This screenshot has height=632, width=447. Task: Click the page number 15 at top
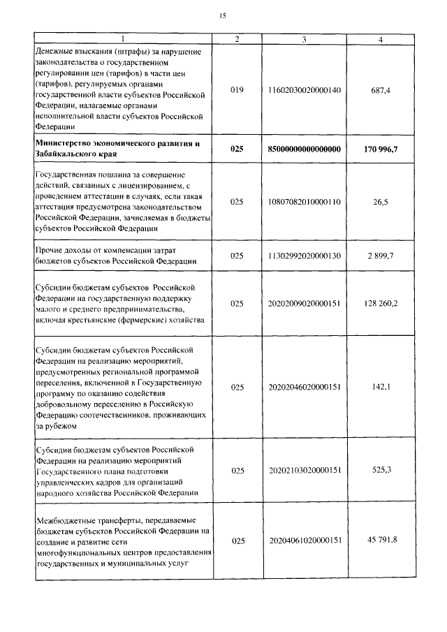(223, 15)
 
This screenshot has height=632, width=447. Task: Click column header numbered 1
(122, 39)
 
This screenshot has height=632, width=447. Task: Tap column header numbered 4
(380, 39)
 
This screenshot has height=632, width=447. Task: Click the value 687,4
(380, 90)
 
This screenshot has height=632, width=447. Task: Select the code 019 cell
(237, 90)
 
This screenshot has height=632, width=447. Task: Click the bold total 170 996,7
(380, 149)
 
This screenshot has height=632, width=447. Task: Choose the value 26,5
(380, 201)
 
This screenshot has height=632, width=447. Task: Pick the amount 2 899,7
(380, 256)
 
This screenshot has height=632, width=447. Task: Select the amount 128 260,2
(380, 304)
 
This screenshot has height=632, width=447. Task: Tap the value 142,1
(380, 386)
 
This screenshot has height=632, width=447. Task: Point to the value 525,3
(380, 470)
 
